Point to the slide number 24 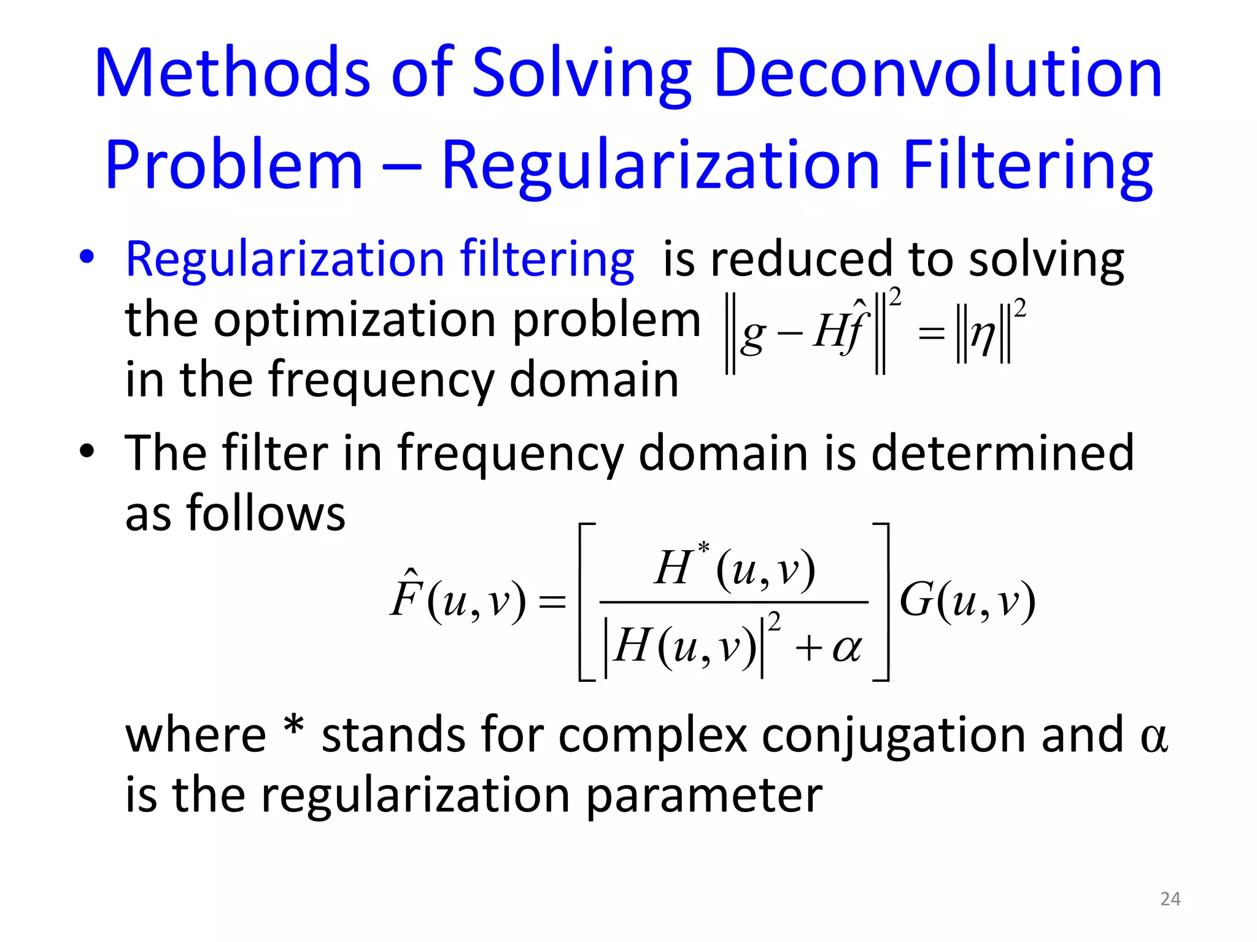[1170, 899]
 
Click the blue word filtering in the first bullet [547, 259]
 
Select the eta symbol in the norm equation [983, 335]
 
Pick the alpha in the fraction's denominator [847, 648]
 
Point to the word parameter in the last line [704, 795]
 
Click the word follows [266, 513]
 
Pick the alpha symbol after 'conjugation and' [1154, 737]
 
